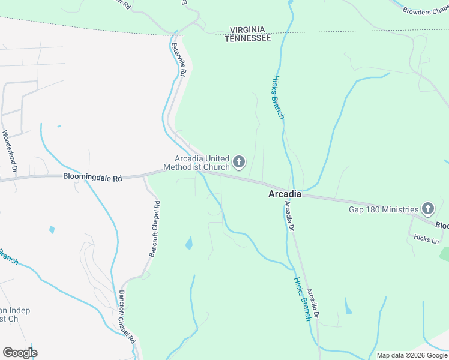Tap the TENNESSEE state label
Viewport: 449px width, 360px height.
pos(247,38)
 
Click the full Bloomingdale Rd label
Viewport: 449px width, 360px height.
pos(92,178)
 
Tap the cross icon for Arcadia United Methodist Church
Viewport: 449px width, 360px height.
pos(239,161)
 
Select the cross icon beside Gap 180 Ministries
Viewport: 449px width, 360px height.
pos(427,209)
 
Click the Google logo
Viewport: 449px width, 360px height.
pos(20,352)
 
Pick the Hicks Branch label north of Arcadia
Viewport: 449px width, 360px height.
pos(278,97)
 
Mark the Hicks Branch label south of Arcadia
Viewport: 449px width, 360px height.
pos(302,299)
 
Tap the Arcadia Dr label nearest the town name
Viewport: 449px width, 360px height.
pos(289,217)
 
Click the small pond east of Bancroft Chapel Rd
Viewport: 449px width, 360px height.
pos(189,243)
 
